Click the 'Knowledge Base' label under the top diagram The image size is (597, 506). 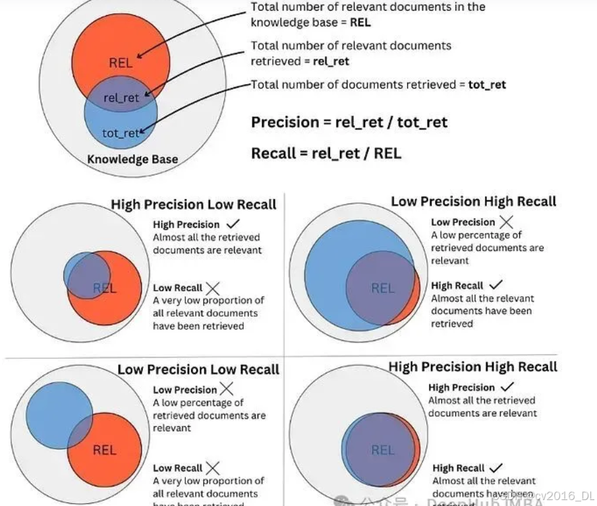(x=132, y=159)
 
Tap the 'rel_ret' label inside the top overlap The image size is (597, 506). (x=121, y=98)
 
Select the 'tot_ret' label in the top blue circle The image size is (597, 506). (x=121, y=133)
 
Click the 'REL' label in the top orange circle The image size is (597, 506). (x=121, y=63)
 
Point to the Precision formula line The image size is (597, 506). (x=349, y=122)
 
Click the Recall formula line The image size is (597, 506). (x=326, y=154)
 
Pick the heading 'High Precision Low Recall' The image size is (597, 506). (x=194, y=205)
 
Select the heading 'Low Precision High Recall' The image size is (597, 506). (x=474, y=201)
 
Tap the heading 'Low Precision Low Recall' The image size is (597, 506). (x=198, y=369)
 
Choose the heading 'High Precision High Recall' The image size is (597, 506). (x=472, y=367)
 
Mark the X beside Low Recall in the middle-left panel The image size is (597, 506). (x=213, y=288)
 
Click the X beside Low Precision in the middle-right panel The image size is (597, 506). (x=506, y=222)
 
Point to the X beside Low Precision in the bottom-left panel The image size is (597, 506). (x=227, y=389)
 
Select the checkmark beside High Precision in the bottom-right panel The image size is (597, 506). (x=506, y=387)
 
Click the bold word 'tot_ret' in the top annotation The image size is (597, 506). (x=487, y=84)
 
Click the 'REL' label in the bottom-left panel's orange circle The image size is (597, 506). (x=104, y=450)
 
